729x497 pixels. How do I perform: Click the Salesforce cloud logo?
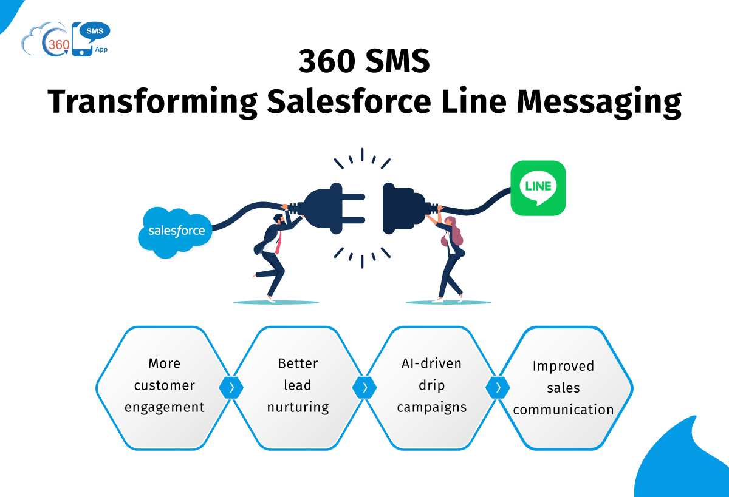[x=175, y=232]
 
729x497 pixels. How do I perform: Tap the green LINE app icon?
[x=538, y=188]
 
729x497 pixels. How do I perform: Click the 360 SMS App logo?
[x=66, y=39]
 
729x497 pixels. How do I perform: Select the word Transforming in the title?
[x=152, y=102]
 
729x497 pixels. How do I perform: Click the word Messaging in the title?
[x=599, y=102]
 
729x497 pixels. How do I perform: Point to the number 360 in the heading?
[x=327, y=61]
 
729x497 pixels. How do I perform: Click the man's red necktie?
[x=278, y=243]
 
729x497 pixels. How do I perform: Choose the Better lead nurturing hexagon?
[x=298, y=388]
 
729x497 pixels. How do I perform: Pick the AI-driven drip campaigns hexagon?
[x=431, y=388]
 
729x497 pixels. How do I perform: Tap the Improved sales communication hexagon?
[x=564, y=388]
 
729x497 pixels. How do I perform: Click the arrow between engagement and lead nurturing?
[x=231, y=387]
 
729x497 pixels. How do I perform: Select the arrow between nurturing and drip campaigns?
[x=364, y=387]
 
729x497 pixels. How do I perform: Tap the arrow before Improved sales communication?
[x=498, y=387]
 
